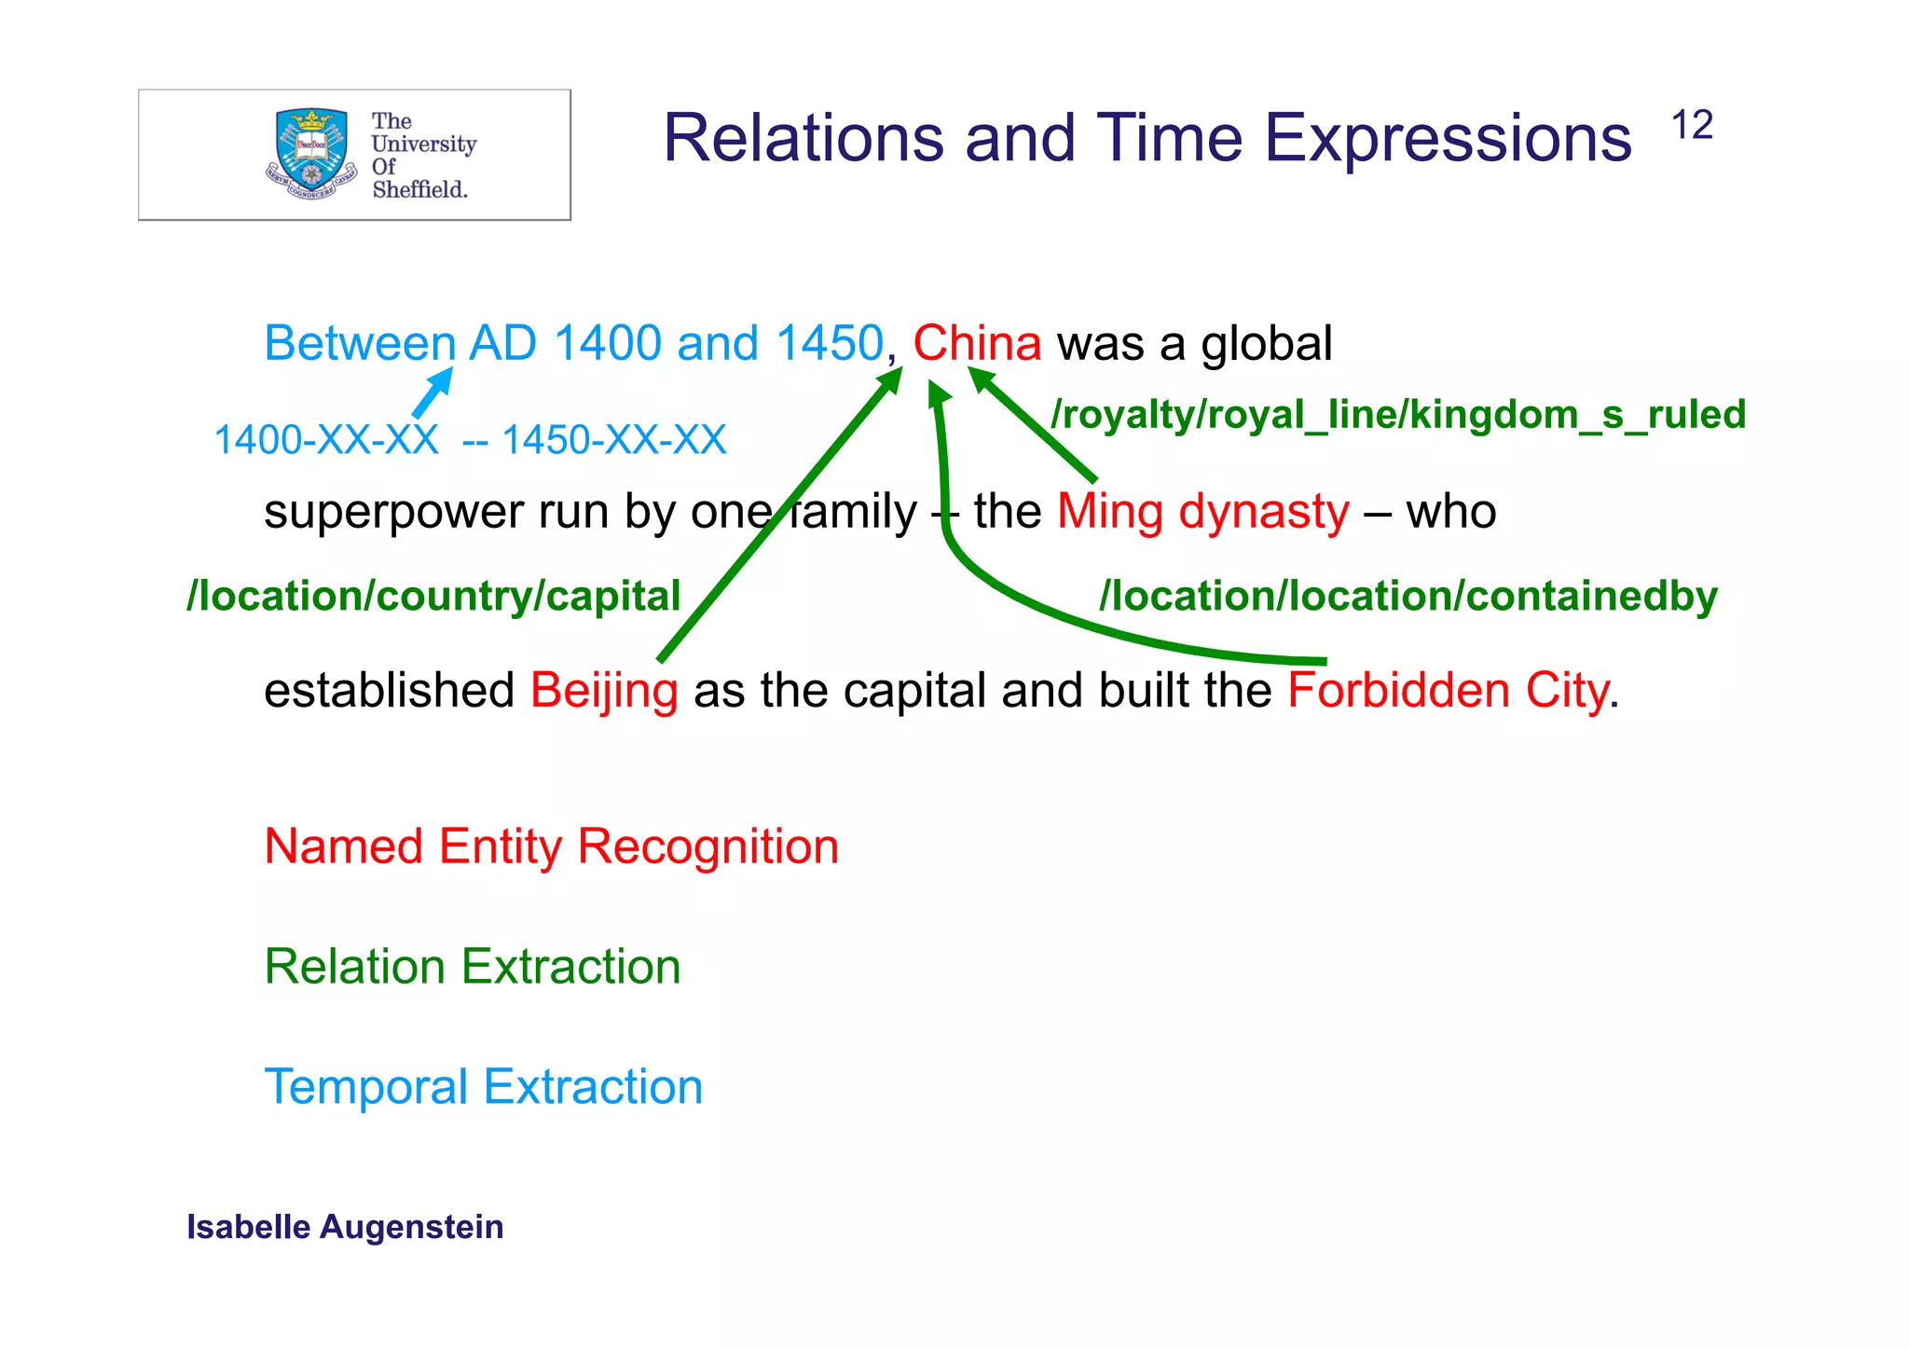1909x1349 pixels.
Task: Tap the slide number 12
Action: tap(1692, 126)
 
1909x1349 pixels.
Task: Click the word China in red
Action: tap(977, 343)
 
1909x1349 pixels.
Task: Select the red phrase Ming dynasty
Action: tap(1202, 512)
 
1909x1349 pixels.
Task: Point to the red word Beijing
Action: tap(604, 692)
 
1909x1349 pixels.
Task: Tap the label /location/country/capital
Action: tap(434, 597)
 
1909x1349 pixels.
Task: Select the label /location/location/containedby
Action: tap(1408, 597)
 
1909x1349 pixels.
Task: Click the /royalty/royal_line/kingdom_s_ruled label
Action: tap(1398, 415)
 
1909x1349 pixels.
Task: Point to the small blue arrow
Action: tap(433, 392)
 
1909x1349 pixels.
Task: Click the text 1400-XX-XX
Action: tap(326, 440)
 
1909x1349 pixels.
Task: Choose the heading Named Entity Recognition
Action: tap(551, 847)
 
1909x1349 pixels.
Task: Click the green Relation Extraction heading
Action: tap(473, 967)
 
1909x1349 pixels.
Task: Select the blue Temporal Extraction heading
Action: tap(483, 1087)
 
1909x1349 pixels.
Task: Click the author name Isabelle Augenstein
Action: tap(345, 1227)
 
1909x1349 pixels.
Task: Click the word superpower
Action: tap(394, 512)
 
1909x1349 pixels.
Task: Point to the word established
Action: tap(389, 691)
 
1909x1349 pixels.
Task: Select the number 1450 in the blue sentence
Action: tap(829, 343)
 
